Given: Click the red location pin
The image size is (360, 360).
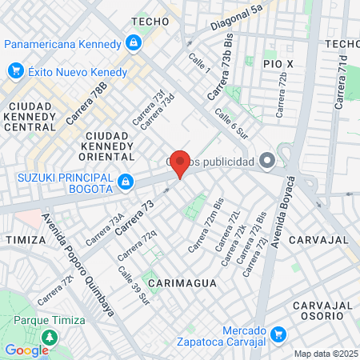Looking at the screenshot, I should point(180,164).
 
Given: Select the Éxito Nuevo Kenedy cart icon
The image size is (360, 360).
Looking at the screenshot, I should point(14,72).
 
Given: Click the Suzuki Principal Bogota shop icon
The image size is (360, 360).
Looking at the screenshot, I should point(125,183).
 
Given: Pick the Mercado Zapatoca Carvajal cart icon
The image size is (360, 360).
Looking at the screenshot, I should point(278,334).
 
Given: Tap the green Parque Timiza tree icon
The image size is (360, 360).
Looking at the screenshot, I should point(50,338).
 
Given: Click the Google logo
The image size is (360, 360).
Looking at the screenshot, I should point(26,350).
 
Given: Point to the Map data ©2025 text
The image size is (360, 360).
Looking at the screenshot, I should point(326,354).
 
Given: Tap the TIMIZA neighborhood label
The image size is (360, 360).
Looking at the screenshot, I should point(19,239).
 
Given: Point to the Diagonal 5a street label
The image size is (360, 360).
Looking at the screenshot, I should point(237,20).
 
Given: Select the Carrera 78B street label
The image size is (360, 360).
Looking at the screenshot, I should point(86,103).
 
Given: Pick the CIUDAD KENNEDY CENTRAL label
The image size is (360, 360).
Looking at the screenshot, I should point(30,117).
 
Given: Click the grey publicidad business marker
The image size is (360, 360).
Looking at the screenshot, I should point(266,159).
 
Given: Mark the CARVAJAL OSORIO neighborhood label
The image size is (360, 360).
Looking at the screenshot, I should point(322,312).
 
